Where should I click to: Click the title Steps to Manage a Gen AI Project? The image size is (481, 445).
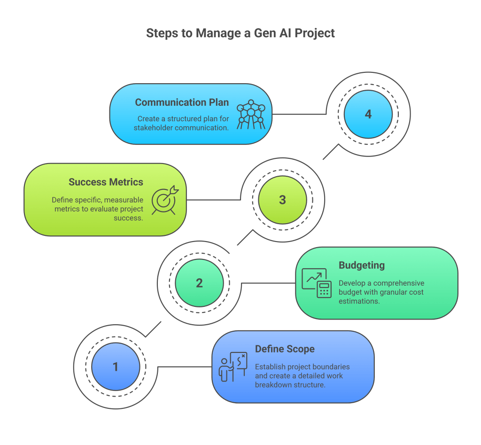point(240,33)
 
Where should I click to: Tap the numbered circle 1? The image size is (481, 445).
point(116,367)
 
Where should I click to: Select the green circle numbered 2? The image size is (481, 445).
point(199,283)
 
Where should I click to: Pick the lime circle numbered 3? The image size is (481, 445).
point(282,200)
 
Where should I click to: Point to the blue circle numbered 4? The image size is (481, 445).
point(368,114)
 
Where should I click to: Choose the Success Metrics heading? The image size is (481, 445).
point(106,182)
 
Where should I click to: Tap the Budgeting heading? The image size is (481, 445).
point(361,265)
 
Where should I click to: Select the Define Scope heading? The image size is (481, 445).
point(285,349)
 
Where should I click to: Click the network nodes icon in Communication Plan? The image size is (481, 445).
point(251,114)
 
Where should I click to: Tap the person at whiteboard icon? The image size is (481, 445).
point(233,367)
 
